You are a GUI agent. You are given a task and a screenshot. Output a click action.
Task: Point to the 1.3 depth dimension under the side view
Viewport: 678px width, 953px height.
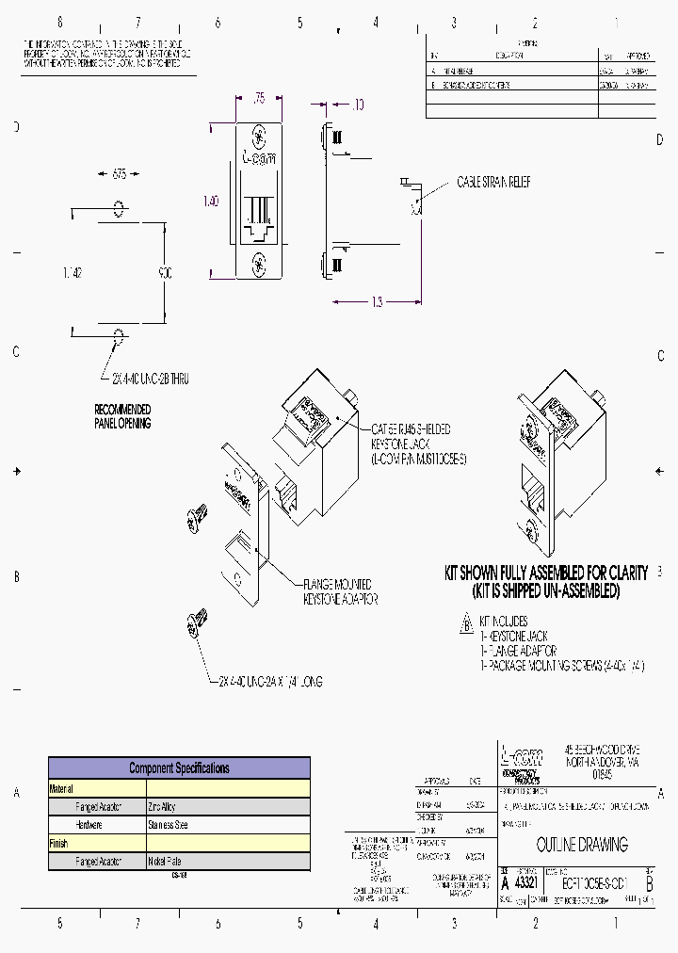tap(377, 301)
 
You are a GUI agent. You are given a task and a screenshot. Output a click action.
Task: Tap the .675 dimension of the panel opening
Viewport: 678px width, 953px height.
tap(119, 174)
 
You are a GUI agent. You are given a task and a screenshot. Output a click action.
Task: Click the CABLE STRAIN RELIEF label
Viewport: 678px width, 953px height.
tap(492, 182)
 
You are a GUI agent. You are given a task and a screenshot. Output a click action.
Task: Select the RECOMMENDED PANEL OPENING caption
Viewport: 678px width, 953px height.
tap(122, 416)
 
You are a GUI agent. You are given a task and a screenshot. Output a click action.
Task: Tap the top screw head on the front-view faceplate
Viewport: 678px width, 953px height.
tap(259, 135)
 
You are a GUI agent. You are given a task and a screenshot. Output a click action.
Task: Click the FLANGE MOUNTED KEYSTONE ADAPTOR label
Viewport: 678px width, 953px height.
tap(337, 591)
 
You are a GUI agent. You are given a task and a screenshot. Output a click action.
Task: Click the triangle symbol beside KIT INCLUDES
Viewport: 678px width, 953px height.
tap(464, 622)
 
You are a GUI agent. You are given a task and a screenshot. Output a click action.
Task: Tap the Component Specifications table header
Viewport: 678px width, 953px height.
tap(179, 767)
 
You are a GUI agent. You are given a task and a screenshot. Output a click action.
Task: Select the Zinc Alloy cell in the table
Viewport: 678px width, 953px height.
tap(161, 807)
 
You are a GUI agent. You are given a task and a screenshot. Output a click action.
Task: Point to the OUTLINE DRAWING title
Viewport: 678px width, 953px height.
tap(581, 845)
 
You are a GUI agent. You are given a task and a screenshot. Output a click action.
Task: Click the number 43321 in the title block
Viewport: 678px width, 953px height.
tap(527, 883)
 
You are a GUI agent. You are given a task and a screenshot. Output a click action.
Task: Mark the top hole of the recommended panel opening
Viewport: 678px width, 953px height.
tap(119, 207)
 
